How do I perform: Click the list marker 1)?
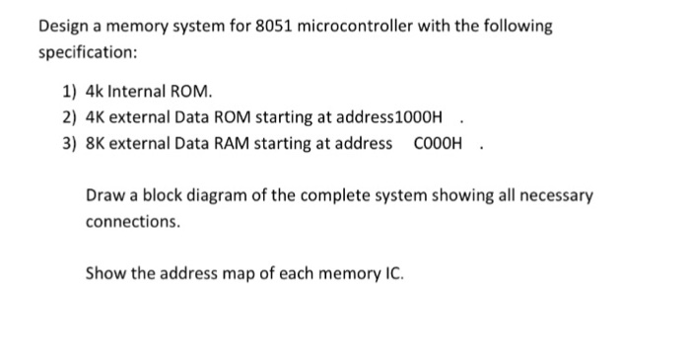(70, 94)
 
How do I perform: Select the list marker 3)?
(70, 144)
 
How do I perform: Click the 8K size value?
(97, 144)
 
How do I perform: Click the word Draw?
(104, 195)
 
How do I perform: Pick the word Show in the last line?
(105, 272)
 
